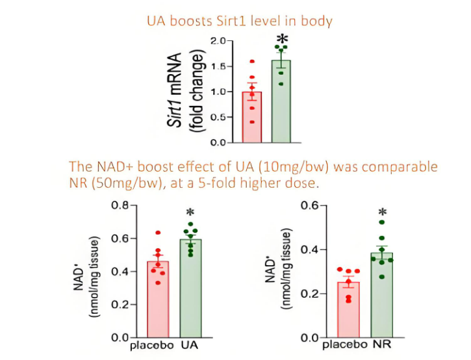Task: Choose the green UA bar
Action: click(191, 289)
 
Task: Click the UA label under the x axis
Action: click(190, 346)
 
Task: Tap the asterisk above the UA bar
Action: click(190, 213)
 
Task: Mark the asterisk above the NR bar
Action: click(383, 212)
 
